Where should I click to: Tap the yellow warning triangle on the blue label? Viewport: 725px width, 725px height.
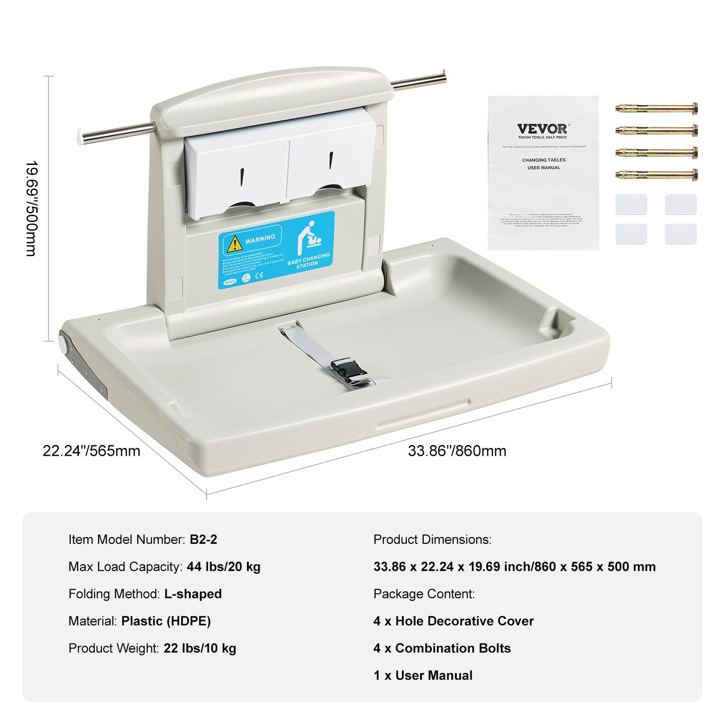(234, 245)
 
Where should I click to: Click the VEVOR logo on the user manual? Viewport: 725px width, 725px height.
(542, 129)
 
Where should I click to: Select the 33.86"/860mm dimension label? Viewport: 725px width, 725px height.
(457, 451)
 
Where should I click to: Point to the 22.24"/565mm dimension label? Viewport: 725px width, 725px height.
(92, 451)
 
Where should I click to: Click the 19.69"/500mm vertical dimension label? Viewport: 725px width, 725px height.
(30, 208)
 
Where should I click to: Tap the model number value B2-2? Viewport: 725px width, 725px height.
(203, 539)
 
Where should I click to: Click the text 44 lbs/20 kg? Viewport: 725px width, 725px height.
(223, 566)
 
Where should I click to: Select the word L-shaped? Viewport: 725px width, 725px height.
(193, 594)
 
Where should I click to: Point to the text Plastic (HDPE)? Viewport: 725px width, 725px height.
(166, 621)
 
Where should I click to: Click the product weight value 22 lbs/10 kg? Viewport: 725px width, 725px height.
(200, 648)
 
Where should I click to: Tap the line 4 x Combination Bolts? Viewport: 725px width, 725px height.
(442, 648)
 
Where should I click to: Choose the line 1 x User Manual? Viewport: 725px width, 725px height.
(423, 675)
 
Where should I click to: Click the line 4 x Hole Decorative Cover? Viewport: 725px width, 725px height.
(454, 621)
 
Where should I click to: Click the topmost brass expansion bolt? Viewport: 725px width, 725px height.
(657, 108)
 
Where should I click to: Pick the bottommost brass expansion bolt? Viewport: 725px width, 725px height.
(657, 174)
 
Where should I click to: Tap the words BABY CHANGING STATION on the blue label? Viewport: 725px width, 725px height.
(309, 261)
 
